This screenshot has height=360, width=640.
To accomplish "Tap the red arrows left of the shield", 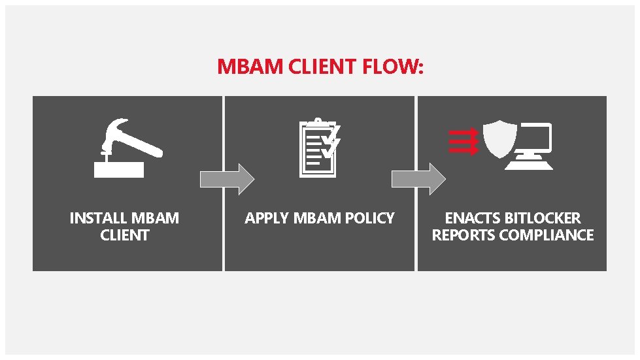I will tap(463, 141).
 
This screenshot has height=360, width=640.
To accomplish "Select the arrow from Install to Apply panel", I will tap(226, 179).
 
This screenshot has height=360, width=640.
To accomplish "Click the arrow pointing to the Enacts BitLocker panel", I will tap(418, 179).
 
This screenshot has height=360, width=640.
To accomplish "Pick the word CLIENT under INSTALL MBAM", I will tap(124, 235).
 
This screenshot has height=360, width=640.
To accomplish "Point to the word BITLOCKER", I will tap(543, 218).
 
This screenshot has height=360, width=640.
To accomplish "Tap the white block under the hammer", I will tap(118, 169).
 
